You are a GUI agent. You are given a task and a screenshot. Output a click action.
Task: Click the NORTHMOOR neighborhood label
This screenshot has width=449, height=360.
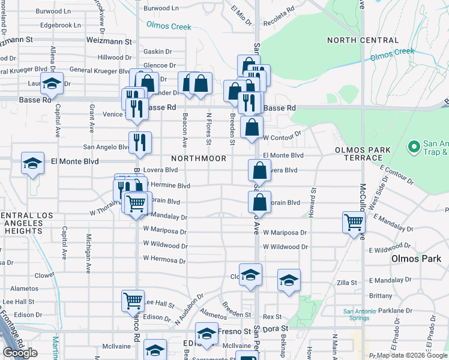198,158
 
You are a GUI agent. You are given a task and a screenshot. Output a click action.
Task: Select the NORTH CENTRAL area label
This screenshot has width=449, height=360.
362,40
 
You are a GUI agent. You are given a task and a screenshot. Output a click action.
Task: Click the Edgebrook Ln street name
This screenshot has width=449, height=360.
60,25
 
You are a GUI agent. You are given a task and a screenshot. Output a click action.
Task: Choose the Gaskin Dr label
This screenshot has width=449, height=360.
158,53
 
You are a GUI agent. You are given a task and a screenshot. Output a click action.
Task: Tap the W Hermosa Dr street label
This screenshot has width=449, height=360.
164,260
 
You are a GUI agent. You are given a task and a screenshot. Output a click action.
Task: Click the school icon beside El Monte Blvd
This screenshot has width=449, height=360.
32,162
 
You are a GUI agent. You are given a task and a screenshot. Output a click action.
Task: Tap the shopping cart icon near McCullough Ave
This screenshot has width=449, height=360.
354,222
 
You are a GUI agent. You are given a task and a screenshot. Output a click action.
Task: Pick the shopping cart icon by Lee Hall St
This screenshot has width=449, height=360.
133,301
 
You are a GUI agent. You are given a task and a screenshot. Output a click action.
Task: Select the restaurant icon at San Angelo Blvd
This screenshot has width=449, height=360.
140,142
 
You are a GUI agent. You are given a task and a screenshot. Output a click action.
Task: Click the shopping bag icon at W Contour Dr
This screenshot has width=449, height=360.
252,127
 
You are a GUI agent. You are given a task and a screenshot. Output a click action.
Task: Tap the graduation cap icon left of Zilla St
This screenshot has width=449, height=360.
289,280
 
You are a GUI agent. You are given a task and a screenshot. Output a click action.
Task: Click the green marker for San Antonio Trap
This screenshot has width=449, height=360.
414,146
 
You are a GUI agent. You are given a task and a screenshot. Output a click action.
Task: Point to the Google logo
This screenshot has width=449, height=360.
20,353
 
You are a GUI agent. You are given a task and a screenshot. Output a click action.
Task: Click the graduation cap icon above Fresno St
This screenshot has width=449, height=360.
206,332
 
